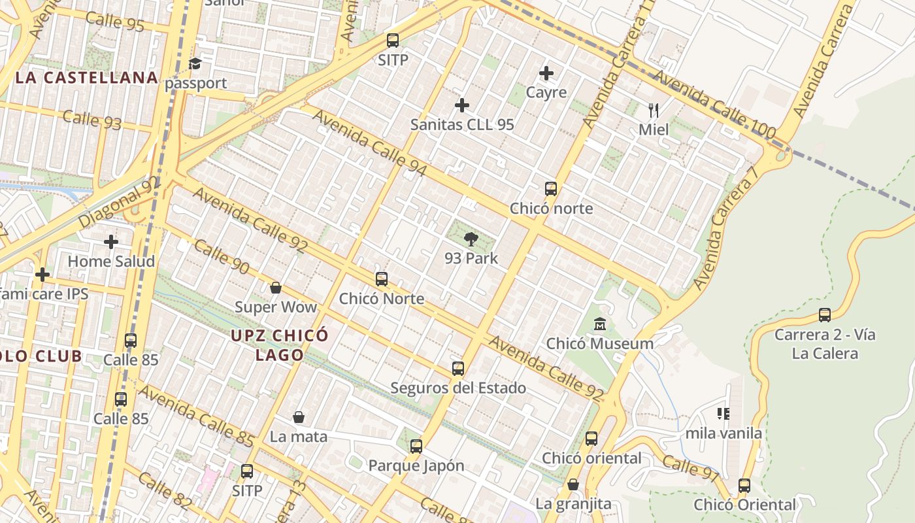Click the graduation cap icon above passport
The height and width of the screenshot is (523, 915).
tap(195, 63)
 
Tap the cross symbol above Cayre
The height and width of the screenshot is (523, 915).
tap(546, 73)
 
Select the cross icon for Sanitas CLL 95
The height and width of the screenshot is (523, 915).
tap(462, 105)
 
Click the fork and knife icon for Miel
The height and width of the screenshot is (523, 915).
tap(654, 110)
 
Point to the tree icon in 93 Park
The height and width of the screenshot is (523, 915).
tap(471, 239)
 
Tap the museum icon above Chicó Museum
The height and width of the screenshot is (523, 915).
tap(600, 324)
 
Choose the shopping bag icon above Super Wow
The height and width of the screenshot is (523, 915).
tap(276, 288)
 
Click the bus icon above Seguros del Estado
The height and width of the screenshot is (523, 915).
tap(458, 369)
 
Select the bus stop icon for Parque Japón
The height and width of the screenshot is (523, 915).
tap(416, 447)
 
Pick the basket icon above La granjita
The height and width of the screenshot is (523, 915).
tap(573, 484)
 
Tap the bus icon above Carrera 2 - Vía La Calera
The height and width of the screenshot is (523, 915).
tap(825, 315)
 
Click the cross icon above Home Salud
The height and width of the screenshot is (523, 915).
tap(111, 242)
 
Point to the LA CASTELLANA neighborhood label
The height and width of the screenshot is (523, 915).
tap(87, 78)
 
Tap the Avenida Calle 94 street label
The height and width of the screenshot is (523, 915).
tap(369, 143)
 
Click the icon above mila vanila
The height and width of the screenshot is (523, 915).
tap(724, 413)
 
